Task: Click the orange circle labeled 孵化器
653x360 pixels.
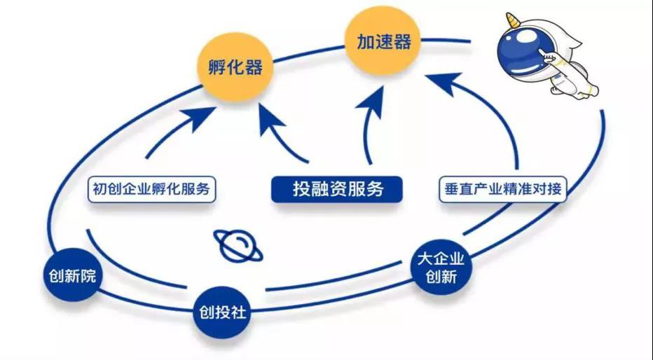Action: tap(235, 67)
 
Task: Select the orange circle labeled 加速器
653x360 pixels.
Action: tap(383, 41)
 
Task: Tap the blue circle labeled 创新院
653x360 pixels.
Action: tap(72, 275)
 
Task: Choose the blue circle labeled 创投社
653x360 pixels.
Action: tap(222, 312)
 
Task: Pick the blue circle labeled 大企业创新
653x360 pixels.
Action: tap(441, 267)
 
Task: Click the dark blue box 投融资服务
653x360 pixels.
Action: tap(337, 189)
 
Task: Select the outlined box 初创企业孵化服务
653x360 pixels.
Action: tap(151, 189)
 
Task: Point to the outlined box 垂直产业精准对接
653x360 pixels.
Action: tap(502, 189)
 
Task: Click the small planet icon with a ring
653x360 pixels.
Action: tap(238, 246)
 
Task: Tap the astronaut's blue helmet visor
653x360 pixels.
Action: tap(520, 50)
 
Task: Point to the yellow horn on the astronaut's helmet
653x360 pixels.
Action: tap(513, 20)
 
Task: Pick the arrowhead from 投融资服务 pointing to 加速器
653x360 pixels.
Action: tap(372, 102)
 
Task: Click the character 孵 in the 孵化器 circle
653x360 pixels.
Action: tap(217, 67)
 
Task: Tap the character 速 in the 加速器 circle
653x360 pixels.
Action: tap(383, 41)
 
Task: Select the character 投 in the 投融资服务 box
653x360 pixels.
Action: tap(301, 189)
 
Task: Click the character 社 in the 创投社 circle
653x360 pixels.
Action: tap(239, 312)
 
